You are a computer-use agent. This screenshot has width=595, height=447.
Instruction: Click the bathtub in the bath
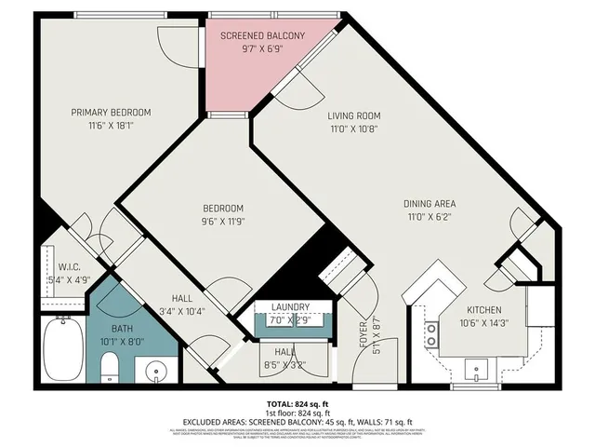(63, 348)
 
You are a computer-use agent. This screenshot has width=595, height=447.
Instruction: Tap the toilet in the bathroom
(110, 368)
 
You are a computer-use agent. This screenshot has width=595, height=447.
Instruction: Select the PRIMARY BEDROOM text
(111, 113)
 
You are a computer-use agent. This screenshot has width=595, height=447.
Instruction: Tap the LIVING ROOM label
(354, 116)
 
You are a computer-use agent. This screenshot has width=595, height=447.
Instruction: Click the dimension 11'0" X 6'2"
(430, 216)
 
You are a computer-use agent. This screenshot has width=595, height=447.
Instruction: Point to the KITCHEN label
(484, 310)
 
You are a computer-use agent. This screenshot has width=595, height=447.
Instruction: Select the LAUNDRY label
(290, 306)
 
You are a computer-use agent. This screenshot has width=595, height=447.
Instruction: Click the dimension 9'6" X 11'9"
(223, 222)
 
